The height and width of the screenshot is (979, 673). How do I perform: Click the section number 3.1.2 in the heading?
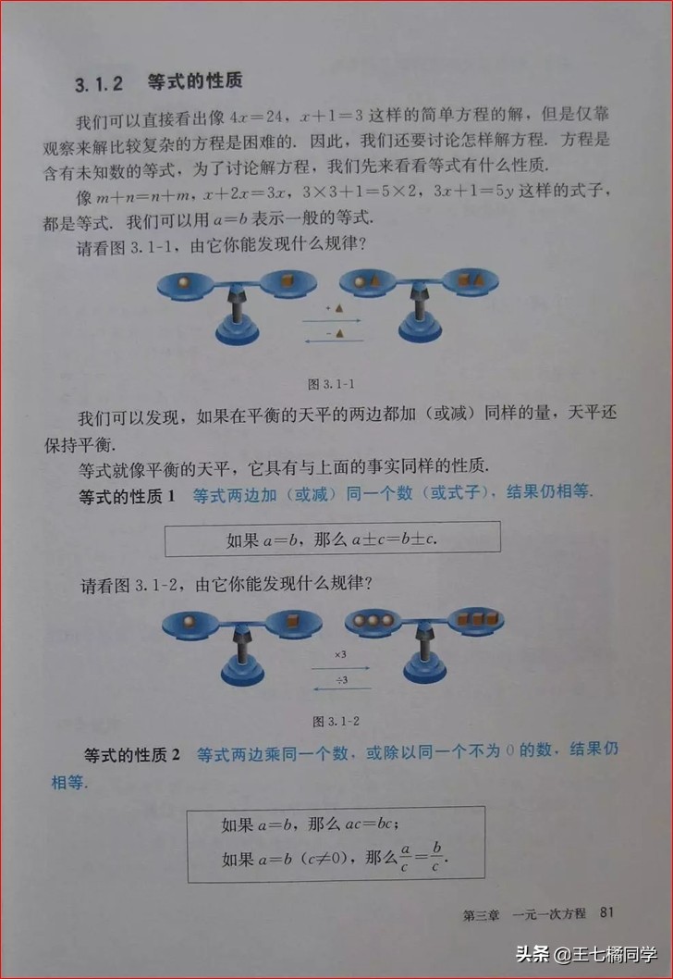point(99,84)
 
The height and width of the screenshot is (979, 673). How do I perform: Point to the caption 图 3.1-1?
point(326,382)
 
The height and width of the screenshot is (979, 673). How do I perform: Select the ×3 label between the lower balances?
point(340,654)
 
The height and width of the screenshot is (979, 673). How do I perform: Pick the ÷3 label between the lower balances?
point(340,680)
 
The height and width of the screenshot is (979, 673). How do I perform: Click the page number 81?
point(606,913)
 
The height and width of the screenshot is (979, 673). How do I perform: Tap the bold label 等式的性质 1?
point(129,496)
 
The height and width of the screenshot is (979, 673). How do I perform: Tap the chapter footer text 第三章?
point(481,914)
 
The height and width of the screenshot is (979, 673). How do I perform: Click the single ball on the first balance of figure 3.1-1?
point(185,280)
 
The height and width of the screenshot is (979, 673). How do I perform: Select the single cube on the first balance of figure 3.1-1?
point(284,279)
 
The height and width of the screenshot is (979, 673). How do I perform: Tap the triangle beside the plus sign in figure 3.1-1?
point(339,308)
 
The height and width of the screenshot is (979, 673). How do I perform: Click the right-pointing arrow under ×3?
point(340,667)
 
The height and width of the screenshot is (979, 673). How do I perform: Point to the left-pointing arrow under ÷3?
point(340,689)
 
